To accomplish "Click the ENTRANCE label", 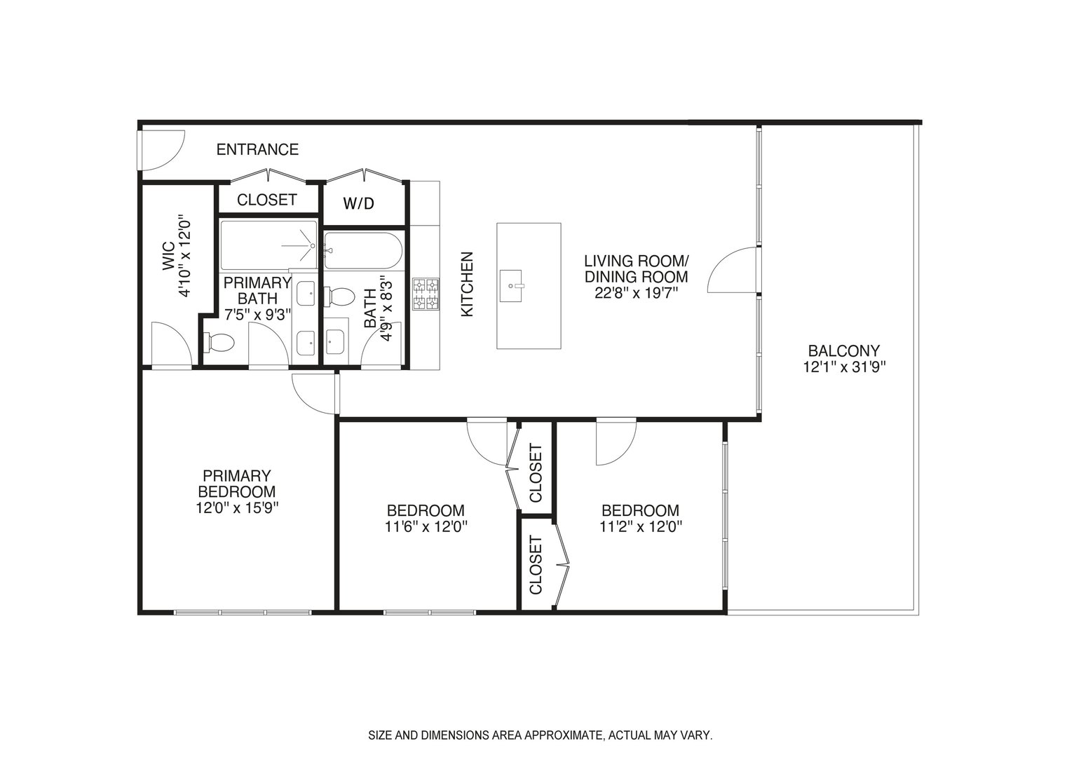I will tap(257, 149).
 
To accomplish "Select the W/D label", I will tap(358, 204).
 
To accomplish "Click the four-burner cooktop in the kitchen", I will tap(426, 294).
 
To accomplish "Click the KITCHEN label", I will tap(468, 284).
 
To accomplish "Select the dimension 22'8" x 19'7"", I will tap(636, 293).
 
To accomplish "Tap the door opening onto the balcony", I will tap(733, 271).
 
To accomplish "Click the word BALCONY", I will tap(843, 350).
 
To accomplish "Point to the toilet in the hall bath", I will tap(341, 296).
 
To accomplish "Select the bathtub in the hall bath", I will tap(362, 250).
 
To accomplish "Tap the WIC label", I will tap(168, 256).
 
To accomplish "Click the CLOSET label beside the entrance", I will tap(266, 200).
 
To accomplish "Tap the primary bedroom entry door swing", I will tap(312, 393).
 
